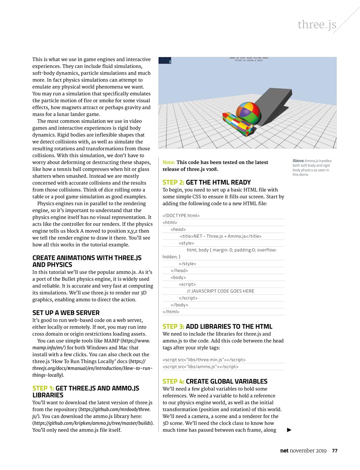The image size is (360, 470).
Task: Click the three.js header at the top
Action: coord(317,25)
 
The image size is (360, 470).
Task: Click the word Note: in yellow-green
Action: coord(169,162)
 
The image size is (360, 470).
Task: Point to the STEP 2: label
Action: coord(173,182)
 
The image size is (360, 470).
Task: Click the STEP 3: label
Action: coord(173,326)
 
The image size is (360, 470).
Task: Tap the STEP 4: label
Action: coord(173,382)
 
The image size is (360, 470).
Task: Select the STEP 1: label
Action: coord(43,388)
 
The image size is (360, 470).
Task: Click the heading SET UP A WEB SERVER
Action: coord(66,313)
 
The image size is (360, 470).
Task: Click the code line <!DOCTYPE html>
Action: coord(181,216)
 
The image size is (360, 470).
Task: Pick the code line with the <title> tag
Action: coord(220,236)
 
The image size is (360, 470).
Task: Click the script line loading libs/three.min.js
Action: coord(204,360)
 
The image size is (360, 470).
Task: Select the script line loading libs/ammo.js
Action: coord(200,367)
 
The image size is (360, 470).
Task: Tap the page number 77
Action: coord(335,451)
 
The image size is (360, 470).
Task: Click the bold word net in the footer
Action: coord(284,451)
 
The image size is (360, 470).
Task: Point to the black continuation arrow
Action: coord(289,430)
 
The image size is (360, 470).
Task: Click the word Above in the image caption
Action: coord(298,161)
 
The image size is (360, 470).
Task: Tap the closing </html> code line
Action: coord(171,312)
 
